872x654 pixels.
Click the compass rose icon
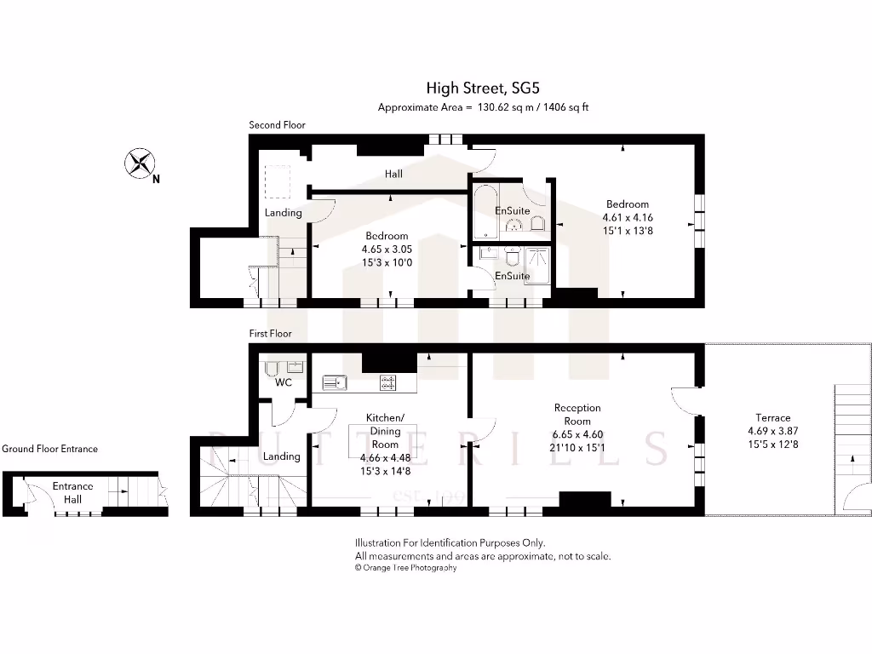(141, 163)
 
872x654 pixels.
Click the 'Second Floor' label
(277, 125)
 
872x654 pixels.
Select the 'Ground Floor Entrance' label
(49, 449)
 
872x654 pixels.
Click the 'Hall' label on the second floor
(393, 174)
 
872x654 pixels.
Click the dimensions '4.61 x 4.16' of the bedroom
(627, 217)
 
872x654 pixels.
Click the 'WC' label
(284, 382)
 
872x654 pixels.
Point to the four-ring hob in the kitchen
(387, 383)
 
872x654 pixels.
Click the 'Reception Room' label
(577, 414)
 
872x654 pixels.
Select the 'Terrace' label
(772, 417)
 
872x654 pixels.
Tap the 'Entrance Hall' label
(72, 493)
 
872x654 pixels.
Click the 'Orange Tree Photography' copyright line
(405, 568)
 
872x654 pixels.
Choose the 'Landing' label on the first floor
(281, 456)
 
